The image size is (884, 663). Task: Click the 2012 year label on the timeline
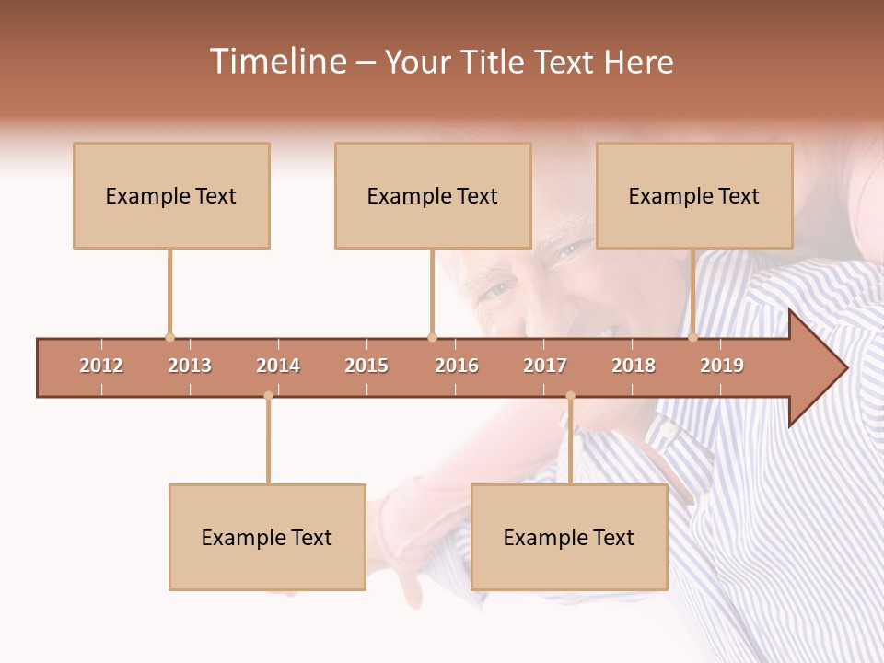pyautogui.click(x=101, y=366)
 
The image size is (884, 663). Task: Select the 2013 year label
pyautogui.click(x=190, y=366)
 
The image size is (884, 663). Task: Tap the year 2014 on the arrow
pyautogui.click(x=278, y=366)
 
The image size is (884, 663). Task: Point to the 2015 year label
pyautogui.click(x=366, y=366)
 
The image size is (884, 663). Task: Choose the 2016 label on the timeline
pyautogui.click(x=457, y=366)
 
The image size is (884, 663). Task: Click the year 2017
pyautogui.click(x=545, y=366)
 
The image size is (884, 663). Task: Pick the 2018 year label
pyautogui.click(x=634, y=366)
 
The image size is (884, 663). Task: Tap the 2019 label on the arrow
pyautogui.click(x=722, y=366)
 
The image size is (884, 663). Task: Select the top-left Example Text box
pyautogui.click(x=171, y=195)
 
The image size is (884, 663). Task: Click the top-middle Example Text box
pyautogui.click(x=433, y=195)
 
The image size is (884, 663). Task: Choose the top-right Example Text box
pyautogui.click(x=694, y=195)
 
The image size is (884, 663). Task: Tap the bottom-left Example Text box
pyautogui.click(x=267, y=537)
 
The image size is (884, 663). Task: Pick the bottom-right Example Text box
pyautogui.click(x=569, y=537)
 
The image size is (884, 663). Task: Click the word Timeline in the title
pyautogui.click(x=276, y=62)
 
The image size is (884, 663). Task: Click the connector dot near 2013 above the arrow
pyautogui.click(x=169, y=337)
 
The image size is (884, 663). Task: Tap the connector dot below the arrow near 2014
pyautogui.click(x=268, y=396)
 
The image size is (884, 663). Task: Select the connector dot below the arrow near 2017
pyautogui.click(x=570, y=396)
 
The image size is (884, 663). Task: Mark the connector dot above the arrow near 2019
pyautogui.click(x=692, y=337)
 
